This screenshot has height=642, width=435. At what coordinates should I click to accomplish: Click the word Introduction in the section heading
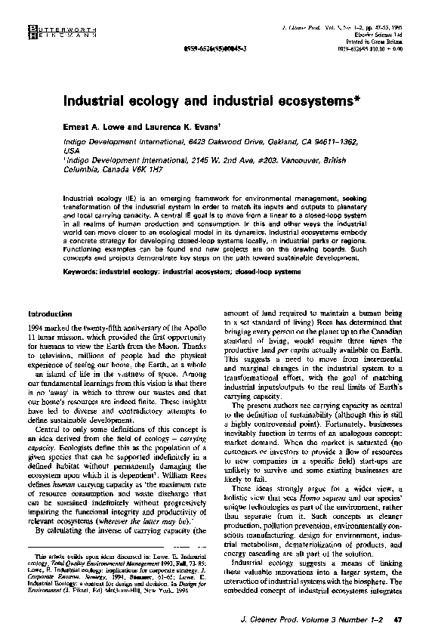(x=51, y=313)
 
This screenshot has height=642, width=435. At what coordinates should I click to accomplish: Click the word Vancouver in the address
(x=297, y=160)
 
